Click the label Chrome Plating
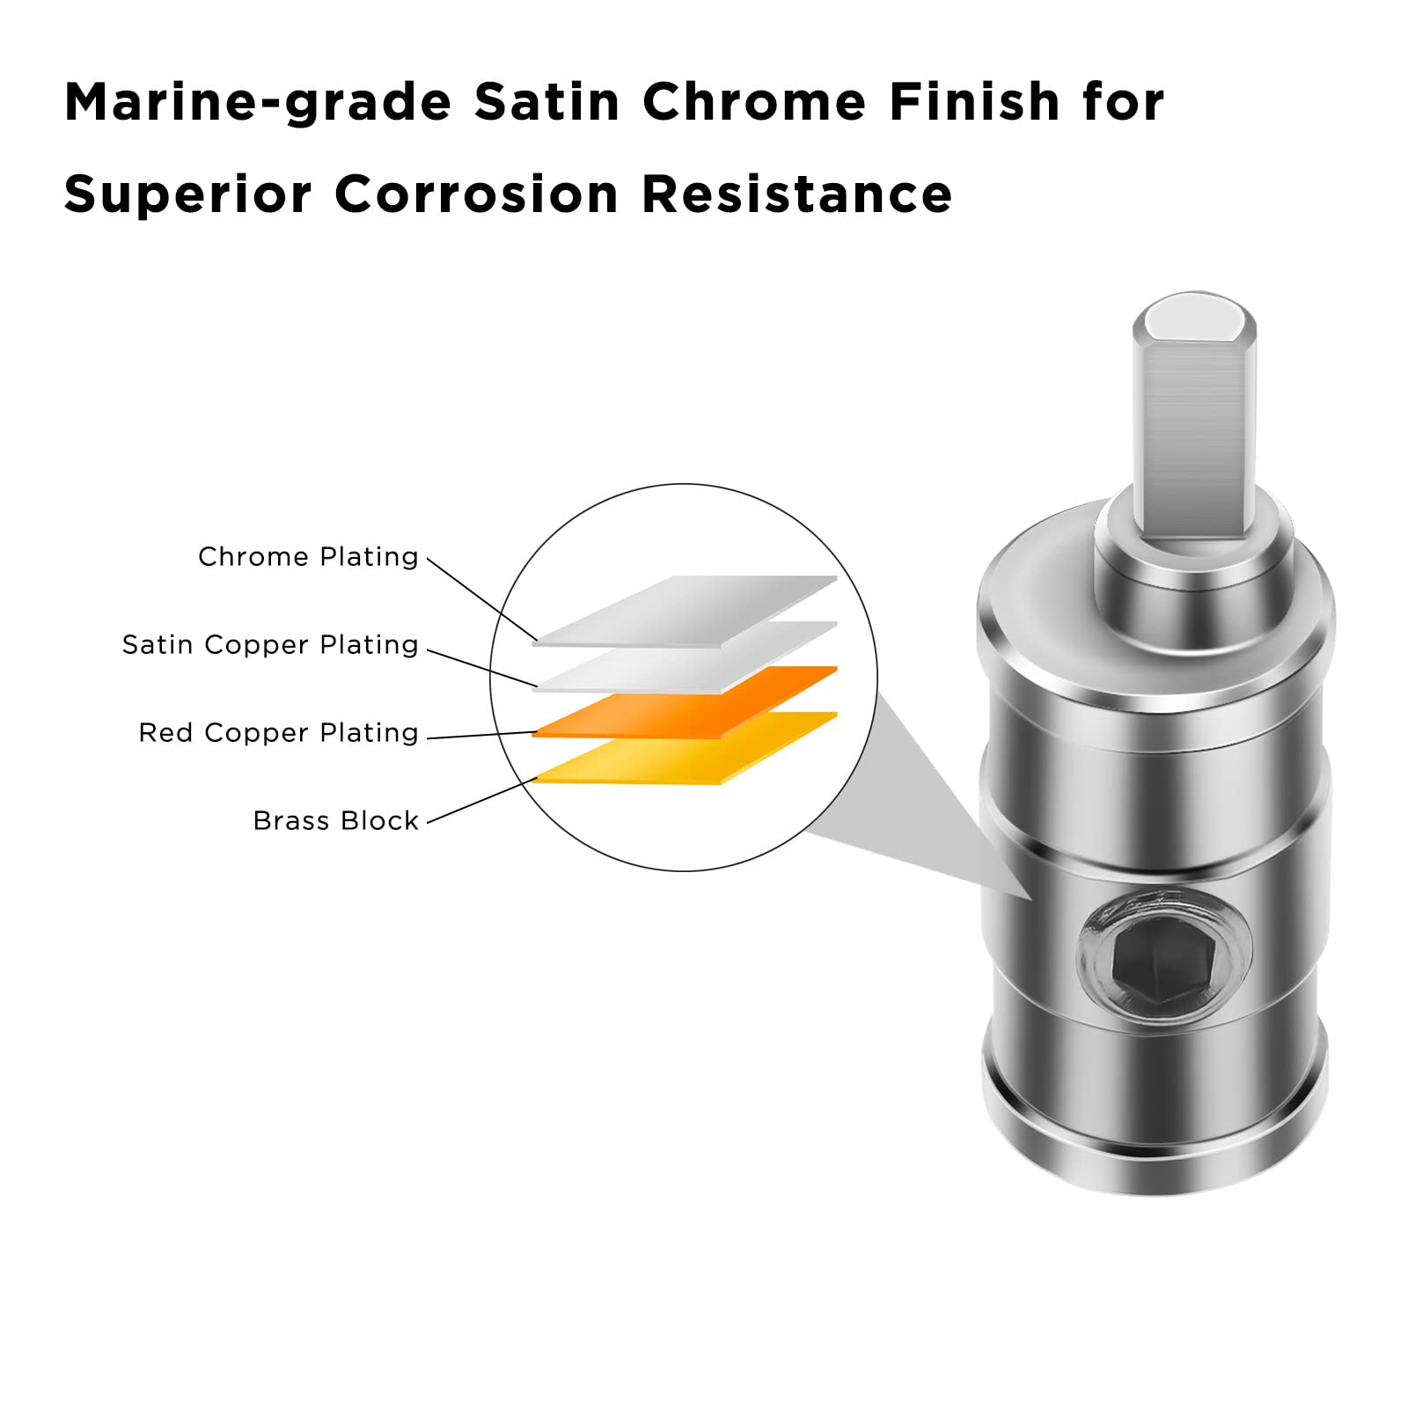click(x=308, y=557)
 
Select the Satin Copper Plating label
click(x=270, y=645)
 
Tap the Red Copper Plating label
click(x=278, y=733)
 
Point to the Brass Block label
click(x=335, y=821)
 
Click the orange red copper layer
click(x=685, y=702)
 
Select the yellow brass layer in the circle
click(x=685, y=748)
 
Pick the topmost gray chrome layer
click(x=685, y=612)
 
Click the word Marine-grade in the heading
click(x=258, y=103)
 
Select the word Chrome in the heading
click(x=755, y=101)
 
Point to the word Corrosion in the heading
click(x=477, y=194)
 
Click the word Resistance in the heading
click(x=797, y=194)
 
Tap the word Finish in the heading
click(x=974, y=101)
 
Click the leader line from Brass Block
click(x=481, y=801)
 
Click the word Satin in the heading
click(x=547, y=101)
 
